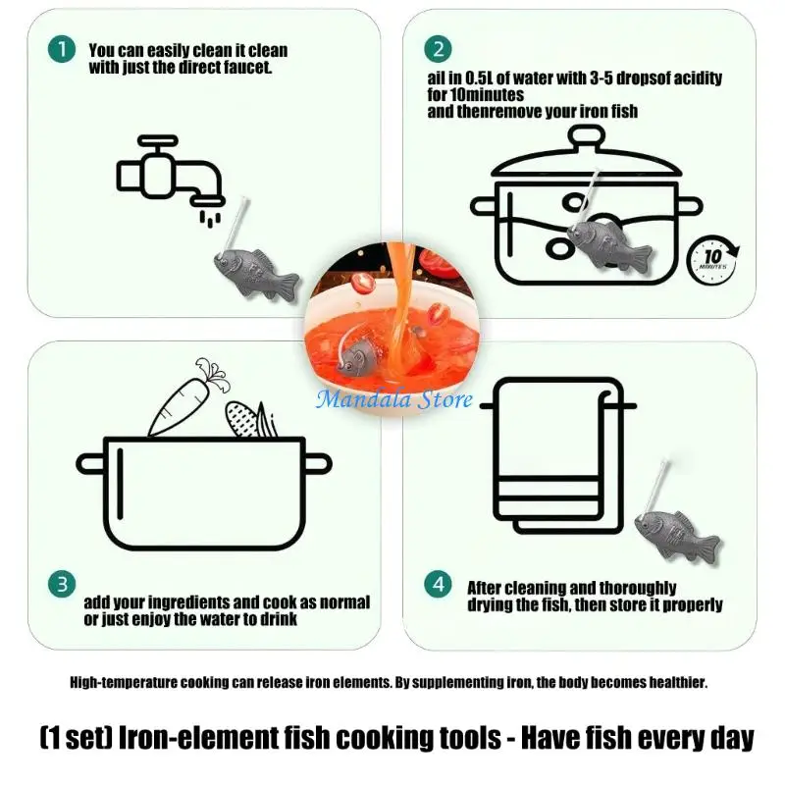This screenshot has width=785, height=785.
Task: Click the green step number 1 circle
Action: click(62, 49)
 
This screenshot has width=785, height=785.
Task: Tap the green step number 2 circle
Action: click(438, 49)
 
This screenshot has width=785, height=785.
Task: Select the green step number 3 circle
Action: click(62, 584)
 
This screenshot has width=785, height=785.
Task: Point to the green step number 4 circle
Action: click(438, 584)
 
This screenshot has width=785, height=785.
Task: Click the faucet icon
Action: click(170, 178)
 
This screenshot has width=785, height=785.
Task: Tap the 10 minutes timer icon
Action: click(712, 259)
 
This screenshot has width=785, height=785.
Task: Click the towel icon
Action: click(558, 455)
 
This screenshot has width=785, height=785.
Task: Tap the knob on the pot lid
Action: click(586, 136)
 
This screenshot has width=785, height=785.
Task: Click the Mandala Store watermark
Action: click(394, 399)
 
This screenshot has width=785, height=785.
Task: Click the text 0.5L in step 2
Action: click(479, 78)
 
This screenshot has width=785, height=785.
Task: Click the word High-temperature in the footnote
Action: click(124, 682)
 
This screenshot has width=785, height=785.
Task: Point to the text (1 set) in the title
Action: click(77, 738)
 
